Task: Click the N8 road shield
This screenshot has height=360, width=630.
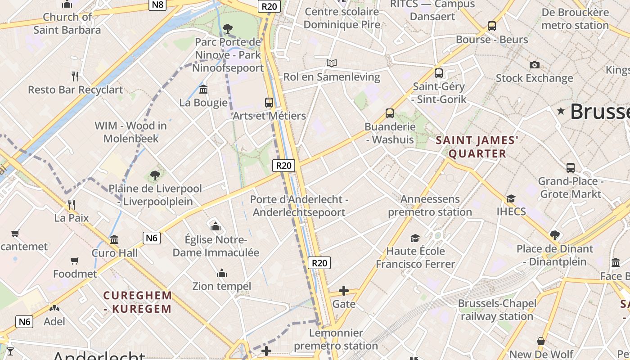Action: click(x=158, y=5)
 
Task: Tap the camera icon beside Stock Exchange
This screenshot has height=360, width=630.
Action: click(x=535, y=65)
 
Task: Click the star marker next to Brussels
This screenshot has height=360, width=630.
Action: click(x=561, y=111)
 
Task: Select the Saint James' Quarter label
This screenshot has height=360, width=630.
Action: click(x=477, y=147)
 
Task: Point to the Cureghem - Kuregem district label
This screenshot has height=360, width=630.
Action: click(x=138, y=302)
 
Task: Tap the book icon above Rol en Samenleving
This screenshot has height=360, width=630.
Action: click(x=332, y=63)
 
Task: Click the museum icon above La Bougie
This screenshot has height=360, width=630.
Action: click(x=203, y=89)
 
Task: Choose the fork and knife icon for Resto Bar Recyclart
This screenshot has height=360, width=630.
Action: click(x=75, y=76)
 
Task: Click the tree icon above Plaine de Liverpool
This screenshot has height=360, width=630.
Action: click(x=155, y=175)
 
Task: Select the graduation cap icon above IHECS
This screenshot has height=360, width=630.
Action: click(x=511, y=198)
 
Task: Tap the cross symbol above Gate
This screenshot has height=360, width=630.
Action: click(x=344, y=291)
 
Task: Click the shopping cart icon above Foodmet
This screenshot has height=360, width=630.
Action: click(x=75, y=261)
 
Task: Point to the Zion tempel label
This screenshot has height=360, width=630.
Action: click(x=221, y=286)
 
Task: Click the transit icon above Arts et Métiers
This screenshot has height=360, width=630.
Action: click(x=269, y=102)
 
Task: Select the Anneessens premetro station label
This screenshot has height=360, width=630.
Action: click(x=430, y=205)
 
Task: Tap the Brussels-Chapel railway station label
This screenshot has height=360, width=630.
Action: click(x=497, y=310)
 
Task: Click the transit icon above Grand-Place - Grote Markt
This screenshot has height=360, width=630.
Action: click(x=571, y=168)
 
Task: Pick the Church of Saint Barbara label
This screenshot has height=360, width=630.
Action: click(x=67, y=23)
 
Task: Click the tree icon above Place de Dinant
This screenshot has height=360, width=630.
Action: click(x=554, y=235)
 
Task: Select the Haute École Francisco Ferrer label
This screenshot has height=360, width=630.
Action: click(x=415, y=257)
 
